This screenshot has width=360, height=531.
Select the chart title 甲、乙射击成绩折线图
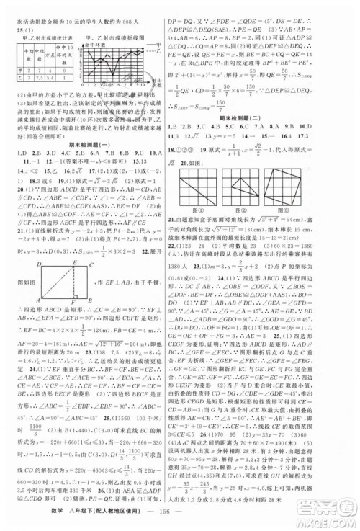(123, 34)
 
